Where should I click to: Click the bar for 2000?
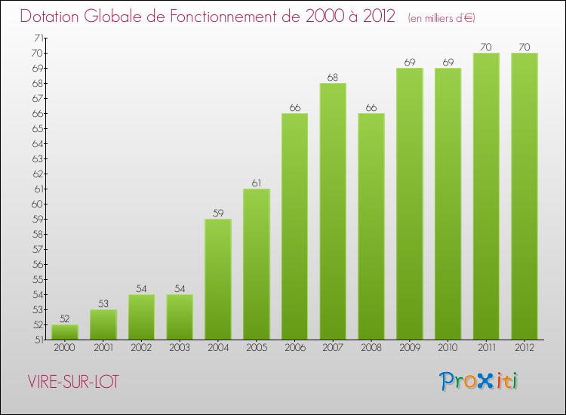[65, 332]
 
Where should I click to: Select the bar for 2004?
[218, 279]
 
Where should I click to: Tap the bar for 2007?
[333, 211]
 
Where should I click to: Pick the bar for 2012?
[524, 196]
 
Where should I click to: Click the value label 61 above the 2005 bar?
[257, 183]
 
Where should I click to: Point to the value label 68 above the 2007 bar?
[333, 77]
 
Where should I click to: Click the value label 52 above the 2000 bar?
[65, 318]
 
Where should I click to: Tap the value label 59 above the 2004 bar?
[218, 213]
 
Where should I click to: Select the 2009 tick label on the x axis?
[410, 348]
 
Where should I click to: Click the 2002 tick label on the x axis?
[142, 348]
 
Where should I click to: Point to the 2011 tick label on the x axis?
[486, 348]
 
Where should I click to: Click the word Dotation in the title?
[54, 17]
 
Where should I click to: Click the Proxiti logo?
[478, 381]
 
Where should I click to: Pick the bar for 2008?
[371, 226]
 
